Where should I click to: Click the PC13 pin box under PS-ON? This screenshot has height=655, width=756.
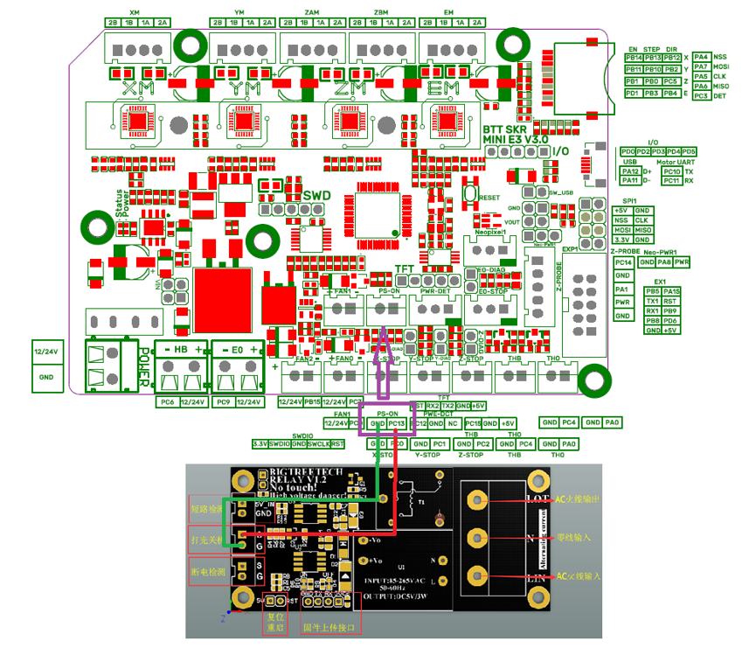point(398,423)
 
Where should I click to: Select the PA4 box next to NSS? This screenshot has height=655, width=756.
point(700,57)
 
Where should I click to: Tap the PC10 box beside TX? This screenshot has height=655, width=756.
point(670,171)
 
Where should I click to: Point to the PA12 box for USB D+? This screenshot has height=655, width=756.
point(630,171)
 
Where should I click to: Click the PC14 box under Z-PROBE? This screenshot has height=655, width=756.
point(623,262)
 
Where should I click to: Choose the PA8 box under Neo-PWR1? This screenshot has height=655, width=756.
point(664,261)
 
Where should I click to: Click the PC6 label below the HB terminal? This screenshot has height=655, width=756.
point(167,402)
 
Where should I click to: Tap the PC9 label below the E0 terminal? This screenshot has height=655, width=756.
point(222,402)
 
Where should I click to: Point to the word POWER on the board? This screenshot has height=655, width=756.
point(146,367)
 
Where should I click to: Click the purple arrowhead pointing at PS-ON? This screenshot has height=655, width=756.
point(384,341)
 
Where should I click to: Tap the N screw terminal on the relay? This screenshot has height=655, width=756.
point(477,537)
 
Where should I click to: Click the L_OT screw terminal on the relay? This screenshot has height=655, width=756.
point(477,499)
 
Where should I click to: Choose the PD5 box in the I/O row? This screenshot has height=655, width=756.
point(688,151)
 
